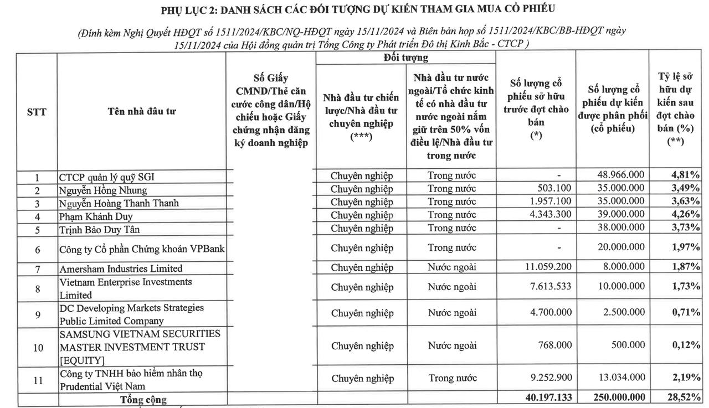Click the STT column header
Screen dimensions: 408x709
[37, 111]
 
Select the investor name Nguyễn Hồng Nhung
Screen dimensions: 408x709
[103, 190]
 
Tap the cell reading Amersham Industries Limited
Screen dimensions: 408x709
[121, 268]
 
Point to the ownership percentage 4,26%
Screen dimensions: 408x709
[685, 215]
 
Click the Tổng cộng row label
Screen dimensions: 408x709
[143, 399]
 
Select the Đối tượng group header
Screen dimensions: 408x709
[405, 58]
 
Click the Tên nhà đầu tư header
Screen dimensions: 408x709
[142, 111]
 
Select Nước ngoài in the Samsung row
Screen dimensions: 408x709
[452, 345]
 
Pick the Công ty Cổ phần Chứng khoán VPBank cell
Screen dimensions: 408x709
[142, 249]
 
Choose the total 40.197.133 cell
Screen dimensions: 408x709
[543, 397]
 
